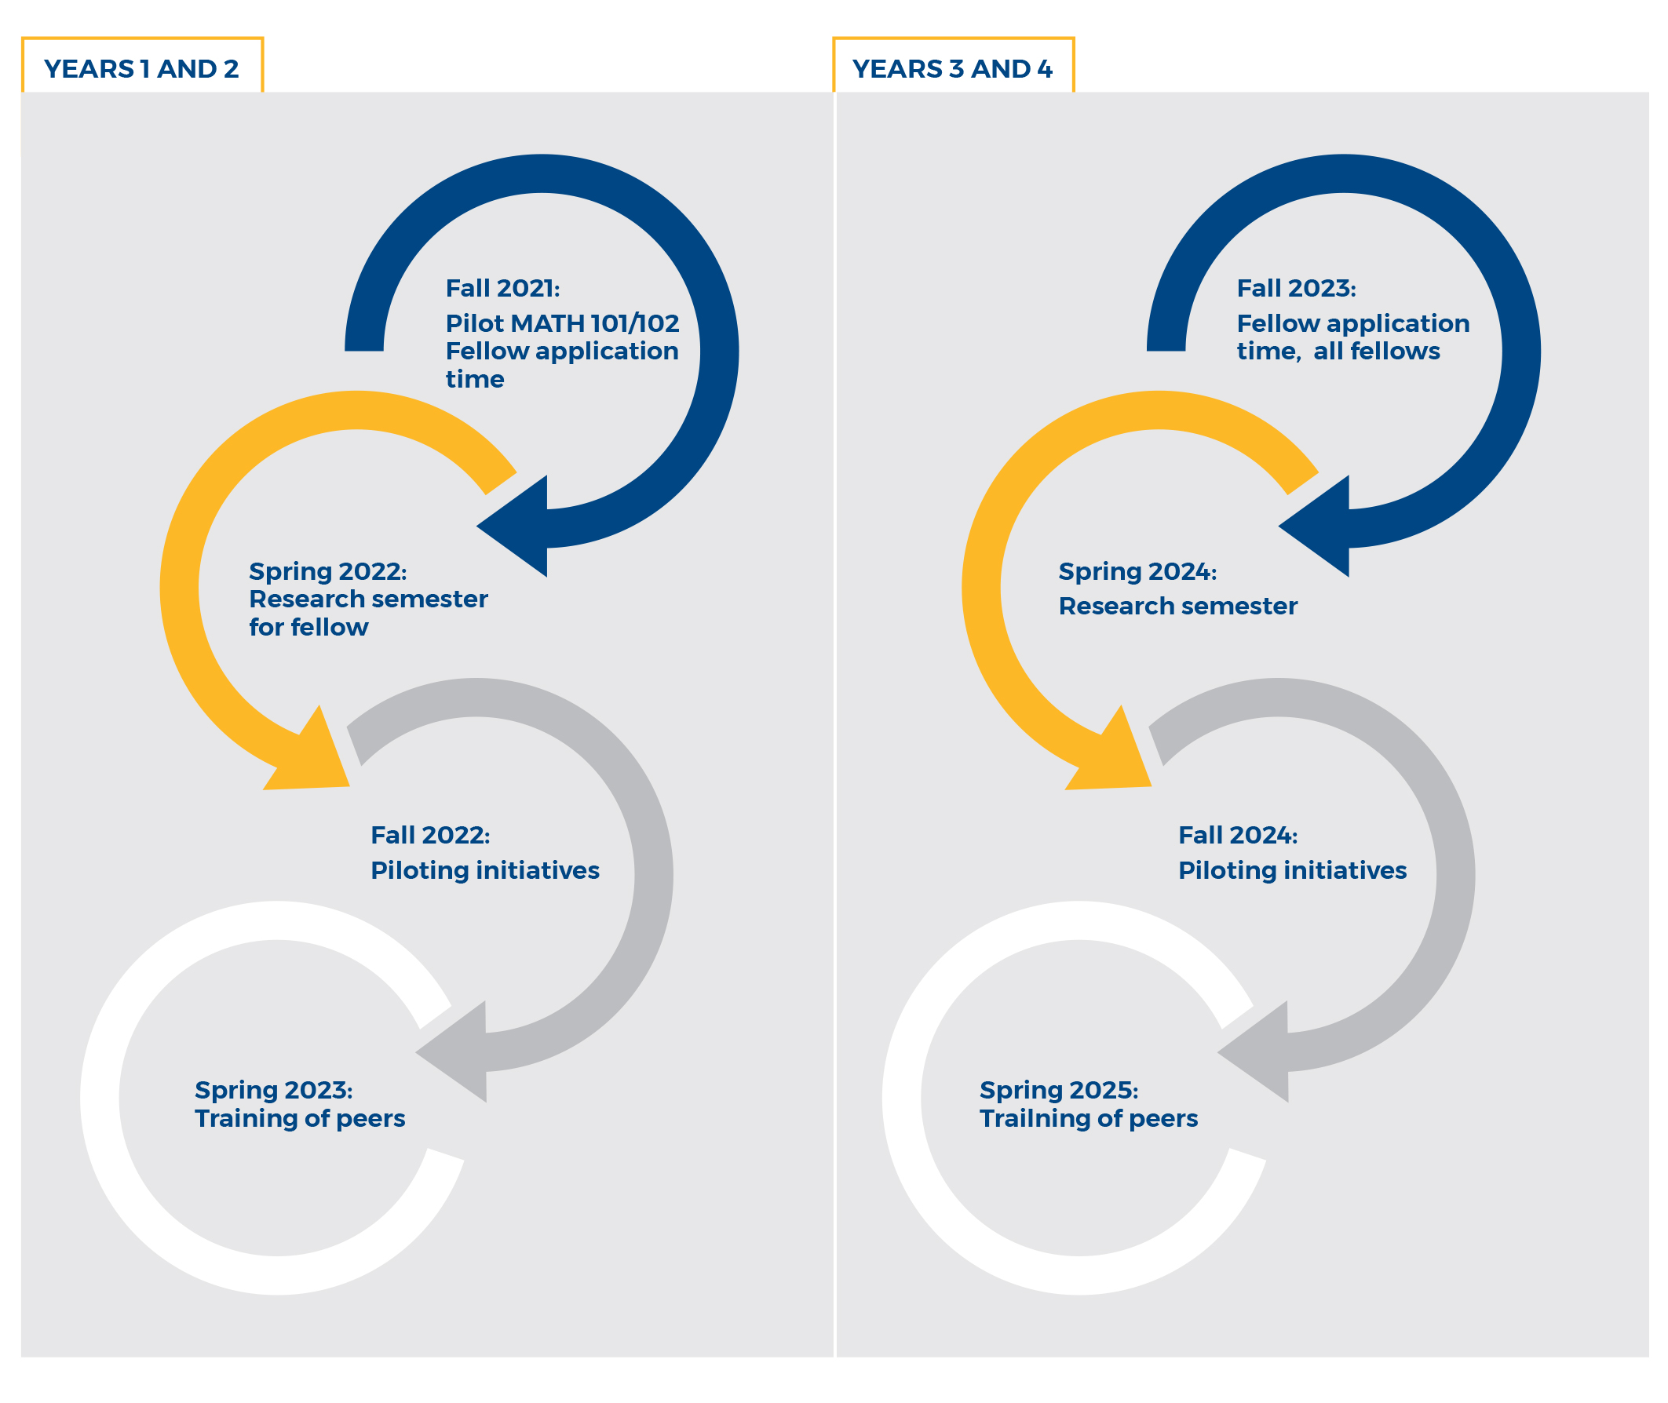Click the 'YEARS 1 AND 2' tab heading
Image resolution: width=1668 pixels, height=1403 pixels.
coord(141,69)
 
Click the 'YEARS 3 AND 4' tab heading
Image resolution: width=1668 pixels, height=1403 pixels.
coord(951,69)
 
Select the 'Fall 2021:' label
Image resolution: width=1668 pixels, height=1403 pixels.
coord(502,288)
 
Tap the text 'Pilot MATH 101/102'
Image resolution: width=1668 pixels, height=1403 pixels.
coord(561,323)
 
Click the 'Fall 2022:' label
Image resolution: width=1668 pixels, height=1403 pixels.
coord(429,835)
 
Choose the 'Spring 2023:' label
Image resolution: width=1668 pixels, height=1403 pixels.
coord(274,1090)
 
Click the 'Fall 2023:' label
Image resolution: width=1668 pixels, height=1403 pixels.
coord(1295,288)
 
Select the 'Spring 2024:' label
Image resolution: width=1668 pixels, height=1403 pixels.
coord(1137,571)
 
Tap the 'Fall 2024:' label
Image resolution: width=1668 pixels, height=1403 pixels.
coord(1237,835)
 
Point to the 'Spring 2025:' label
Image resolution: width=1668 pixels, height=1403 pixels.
coord(1058,1090)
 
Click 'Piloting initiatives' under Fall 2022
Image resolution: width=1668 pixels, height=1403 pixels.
coord(484,870)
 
